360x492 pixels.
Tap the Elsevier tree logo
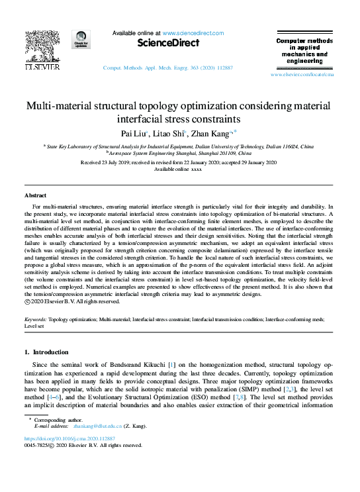point(42,51)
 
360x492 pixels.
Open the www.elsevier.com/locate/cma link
point(302,75)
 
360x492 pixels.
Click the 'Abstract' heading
point(35,196)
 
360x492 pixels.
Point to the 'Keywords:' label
point(36,319)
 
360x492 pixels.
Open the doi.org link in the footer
point(69,438)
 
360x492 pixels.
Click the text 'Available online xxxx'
point(177,169)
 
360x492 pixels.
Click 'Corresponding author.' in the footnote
point(56,420)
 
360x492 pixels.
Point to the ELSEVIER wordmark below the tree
point(42,67)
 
